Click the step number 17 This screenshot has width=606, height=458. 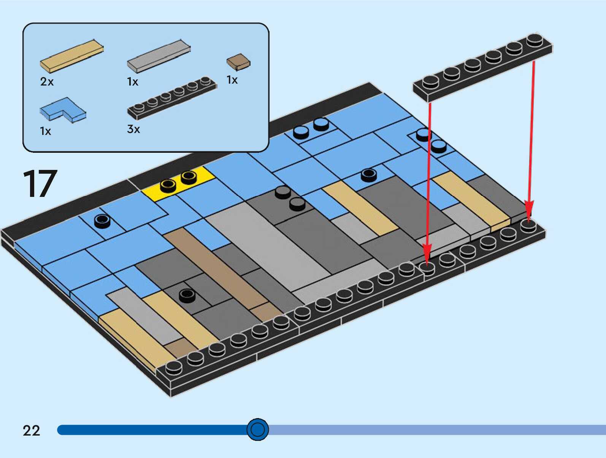40,184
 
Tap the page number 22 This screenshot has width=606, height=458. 31,431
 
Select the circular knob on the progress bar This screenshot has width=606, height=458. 257,429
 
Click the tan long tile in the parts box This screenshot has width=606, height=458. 72,56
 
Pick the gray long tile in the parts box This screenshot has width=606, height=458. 159,56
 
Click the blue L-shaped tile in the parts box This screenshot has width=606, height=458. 63,110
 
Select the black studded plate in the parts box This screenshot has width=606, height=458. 172,98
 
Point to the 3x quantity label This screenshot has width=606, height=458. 133,129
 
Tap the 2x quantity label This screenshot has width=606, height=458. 47,82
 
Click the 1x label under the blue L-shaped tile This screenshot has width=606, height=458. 45,131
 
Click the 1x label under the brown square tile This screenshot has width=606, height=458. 232,80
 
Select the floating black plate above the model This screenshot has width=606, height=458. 483,67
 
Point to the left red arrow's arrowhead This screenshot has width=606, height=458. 427,254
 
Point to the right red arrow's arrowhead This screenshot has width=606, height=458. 529,210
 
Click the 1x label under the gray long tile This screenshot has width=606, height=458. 133,82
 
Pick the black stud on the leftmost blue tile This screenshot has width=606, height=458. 102,220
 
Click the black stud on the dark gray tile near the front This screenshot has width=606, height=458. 187,295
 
